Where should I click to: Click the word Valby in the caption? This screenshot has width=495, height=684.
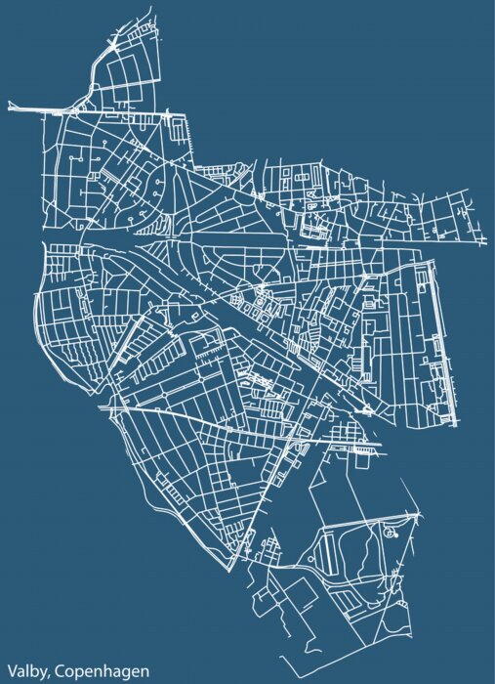click(x=26, y=670)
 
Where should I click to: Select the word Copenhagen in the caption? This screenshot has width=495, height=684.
click(x=103, y=670)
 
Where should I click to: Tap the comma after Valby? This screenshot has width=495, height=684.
click(x=51, y=674)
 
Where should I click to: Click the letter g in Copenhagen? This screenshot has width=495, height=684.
click(x=124, y=672)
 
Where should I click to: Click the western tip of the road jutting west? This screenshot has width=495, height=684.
click(x=9, y=106)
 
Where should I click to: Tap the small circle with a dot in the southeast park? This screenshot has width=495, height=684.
click(x=392, y=534)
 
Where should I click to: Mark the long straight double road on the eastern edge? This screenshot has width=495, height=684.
click(x=452, y=342)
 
